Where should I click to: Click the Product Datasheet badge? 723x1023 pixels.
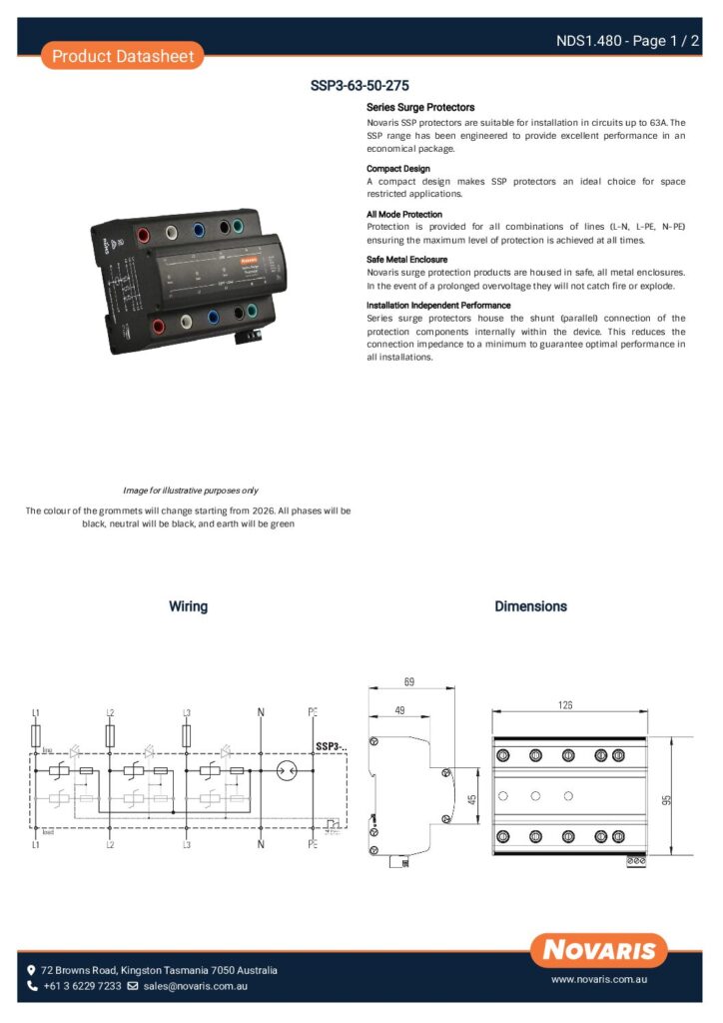point(123,56)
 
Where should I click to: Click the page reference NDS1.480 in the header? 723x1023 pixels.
point(592,41)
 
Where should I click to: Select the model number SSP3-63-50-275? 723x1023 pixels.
point(360,86)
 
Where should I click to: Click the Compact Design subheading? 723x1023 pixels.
point(398,169)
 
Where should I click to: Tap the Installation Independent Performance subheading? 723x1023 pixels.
point(438,305)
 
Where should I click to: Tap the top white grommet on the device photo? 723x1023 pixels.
point(172,233)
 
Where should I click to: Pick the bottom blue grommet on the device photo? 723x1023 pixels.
point(214,318)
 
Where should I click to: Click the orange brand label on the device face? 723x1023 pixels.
point(249,257)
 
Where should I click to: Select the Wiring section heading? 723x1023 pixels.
point(188,606)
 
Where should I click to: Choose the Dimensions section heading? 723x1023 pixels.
point(530,606)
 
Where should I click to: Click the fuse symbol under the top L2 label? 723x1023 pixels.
point(110,736)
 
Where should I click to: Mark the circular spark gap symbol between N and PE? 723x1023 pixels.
point(288,770)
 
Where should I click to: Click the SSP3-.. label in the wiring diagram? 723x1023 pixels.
point(331,746)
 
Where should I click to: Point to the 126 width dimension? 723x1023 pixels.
point(565,705)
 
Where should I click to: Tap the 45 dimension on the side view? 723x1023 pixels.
point(472,798)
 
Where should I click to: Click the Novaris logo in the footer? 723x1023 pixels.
point(599,950)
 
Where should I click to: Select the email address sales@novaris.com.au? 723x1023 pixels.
point(195,986)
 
